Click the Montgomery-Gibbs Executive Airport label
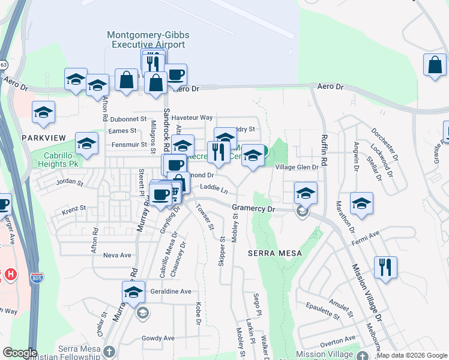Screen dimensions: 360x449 [148, 40]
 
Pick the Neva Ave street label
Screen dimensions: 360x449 [117, 255]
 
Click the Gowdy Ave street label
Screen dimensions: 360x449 [158, 338]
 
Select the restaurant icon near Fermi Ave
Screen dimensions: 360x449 [385, 267]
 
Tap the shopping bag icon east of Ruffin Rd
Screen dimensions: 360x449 [434, 65]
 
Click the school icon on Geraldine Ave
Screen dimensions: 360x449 [133, 292]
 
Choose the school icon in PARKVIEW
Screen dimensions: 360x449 [43, 112]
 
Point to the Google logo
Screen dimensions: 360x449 [20, 353]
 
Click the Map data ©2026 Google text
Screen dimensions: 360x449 [412, 355]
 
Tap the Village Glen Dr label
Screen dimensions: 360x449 [296, 167]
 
